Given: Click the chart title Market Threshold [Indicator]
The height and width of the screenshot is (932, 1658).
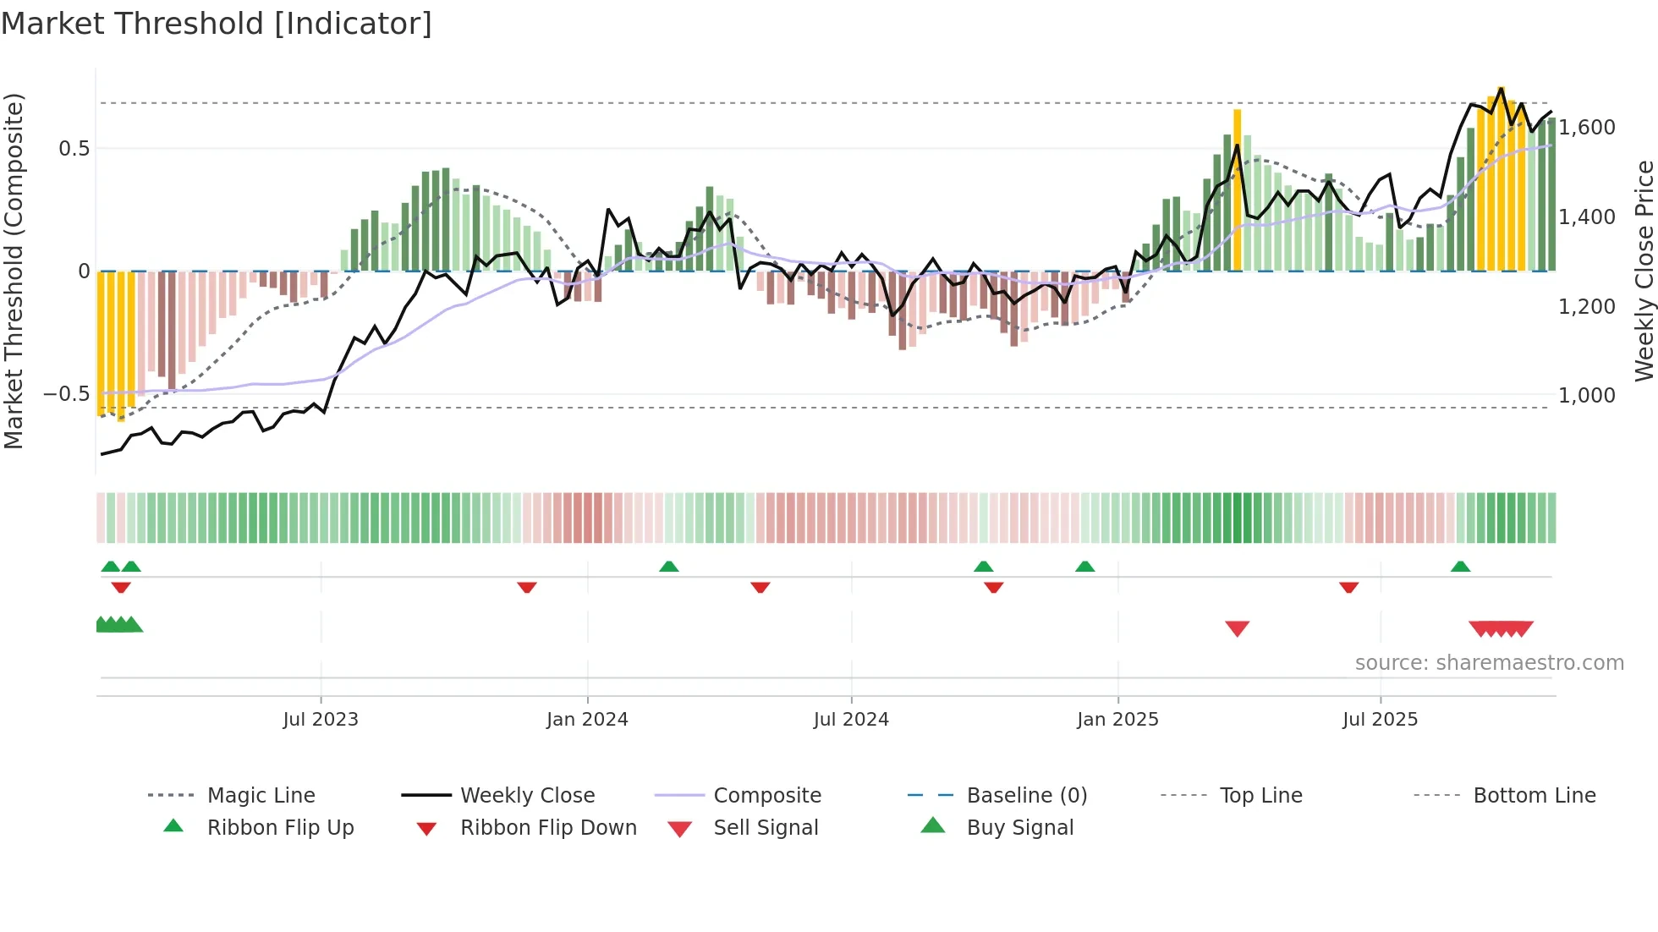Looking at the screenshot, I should coord(217,24).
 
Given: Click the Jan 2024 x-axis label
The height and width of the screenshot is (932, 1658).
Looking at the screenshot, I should coord(587,720).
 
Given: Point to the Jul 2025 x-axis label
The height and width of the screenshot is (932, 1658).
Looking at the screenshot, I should coord(1380,720).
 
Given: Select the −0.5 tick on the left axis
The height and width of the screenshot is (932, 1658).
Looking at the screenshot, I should coord(66,394).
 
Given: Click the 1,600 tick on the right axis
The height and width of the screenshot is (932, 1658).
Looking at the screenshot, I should coord(1587,128).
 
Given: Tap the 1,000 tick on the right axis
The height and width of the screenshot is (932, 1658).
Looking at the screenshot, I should coord(1587,396).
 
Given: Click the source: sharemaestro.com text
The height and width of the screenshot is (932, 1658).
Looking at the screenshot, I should coord(1489,663).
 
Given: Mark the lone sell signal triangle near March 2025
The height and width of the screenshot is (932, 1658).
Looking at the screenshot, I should coord(1237,628).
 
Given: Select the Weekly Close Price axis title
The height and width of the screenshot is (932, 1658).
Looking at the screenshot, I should coord(1644,271).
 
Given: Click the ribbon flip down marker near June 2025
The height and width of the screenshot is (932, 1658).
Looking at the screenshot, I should coord(1348,587).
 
